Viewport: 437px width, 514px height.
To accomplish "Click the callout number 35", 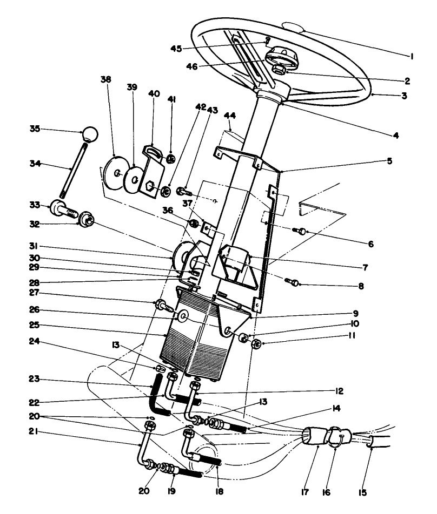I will [35, 129].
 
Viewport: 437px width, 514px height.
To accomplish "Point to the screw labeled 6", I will [300, 232].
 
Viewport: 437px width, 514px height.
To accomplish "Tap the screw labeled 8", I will [294, 281].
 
